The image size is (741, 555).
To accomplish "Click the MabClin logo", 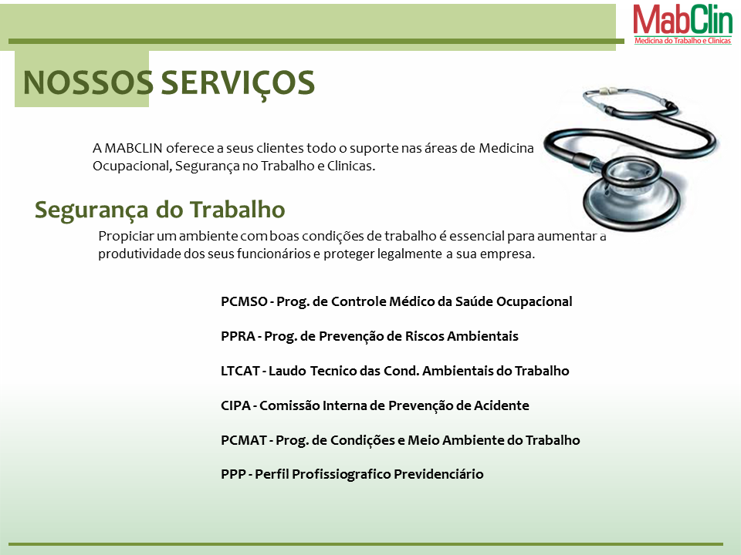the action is tap(683, 24).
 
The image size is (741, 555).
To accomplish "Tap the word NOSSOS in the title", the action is tap(88, 82).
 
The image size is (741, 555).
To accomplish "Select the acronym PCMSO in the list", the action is tap(244, 301).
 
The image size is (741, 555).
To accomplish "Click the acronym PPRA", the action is tap(238, 336).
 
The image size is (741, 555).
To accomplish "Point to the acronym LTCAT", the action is tap(240, 371).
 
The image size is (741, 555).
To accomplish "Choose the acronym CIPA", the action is tap(235, 405).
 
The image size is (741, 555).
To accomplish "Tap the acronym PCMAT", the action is tap(243, 440).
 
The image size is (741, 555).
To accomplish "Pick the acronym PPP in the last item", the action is tap(233, 474).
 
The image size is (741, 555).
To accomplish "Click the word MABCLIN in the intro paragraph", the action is tap(134, 148).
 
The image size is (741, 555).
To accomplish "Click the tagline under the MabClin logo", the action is tap(683, 41).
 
